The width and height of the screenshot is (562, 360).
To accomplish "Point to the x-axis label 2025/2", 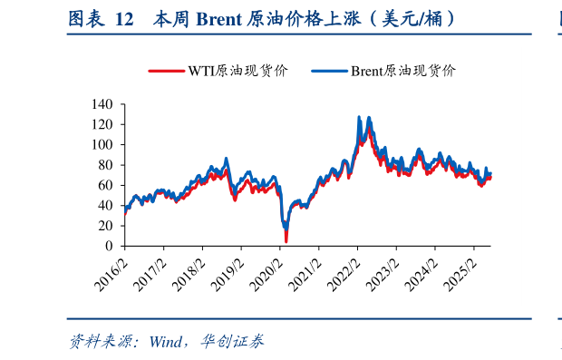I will point(461,272).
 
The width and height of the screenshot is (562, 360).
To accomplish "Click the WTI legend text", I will point(237,71).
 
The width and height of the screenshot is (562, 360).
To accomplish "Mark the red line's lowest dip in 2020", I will point(286,241).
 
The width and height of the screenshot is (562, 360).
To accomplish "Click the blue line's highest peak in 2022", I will point(360,117).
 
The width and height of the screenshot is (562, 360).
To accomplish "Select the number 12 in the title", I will point(124,17).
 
